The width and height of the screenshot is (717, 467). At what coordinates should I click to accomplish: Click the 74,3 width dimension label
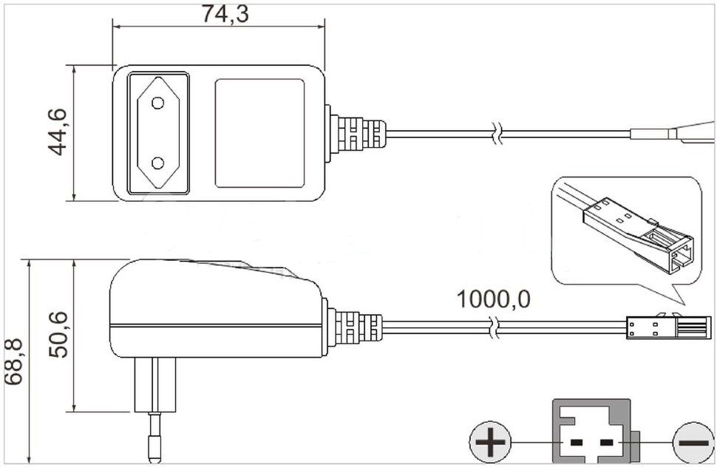click(225, 14)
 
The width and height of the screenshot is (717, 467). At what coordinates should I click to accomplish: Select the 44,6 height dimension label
click(57, 132)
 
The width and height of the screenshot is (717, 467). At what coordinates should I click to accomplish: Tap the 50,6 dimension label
click(58, 335)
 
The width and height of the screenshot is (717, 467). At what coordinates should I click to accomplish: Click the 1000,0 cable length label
click(494, 299)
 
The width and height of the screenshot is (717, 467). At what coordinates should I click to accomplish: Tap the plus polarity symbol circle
click(490, 443)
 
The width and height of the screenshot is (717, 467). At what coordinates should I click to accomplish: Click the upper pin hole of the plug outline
click(157, 103)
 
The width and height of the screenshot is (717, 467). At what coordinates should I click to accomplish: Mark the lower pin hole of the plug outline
click(157, 163)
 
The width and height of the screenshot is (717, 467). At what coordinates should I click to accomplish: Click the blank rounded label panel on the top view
click(259, 134)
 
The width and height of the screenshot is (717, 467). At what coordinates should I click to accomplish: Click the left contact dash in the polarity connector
click(577, 443)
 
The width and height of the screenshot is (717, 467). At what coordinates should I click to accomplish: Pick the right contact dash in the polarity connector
click(606, 443)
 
